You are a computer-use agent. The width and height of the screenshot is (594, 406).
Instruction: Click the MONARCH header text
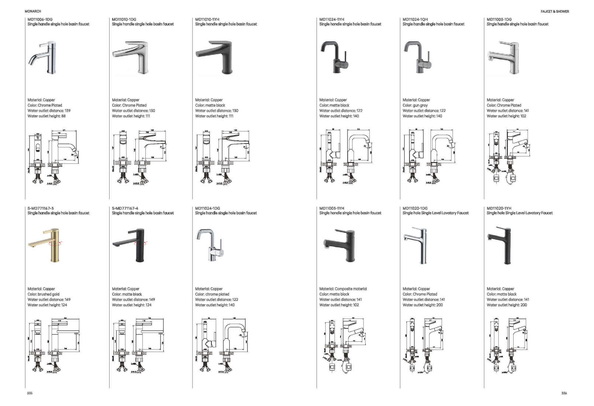33,11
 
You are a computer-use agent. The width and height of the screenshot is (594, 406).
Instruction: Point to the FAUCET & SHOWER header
555,11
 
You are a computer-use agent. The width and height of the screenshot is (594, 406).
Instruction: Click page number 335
30,393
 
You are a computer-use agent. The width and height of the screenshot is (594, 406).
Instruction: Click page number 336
564,393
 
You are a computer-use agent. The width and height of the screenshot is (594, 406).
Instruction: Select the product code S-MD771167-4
125,208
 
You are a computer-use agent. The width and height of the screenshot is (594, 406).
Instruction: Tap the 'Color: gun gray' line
415,105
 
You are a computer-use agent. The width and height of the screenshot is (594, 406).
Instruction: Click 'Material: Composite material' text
343,289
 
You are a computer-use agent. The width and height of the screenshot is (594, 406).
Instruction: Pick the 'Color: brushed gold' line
43,294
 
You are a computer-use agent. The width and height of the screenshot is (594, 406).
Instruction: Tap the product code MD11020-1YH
499,208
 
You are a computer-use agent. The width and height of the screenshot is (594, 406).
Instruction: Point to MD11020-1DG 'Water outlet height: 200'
422,305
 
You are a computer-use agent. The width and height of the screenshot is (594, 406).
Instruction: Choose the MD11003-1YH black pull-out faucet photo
340,246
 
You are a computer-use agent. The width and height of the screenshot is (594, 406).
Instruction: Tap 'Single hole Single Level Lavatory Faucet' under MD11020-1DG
435,213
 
